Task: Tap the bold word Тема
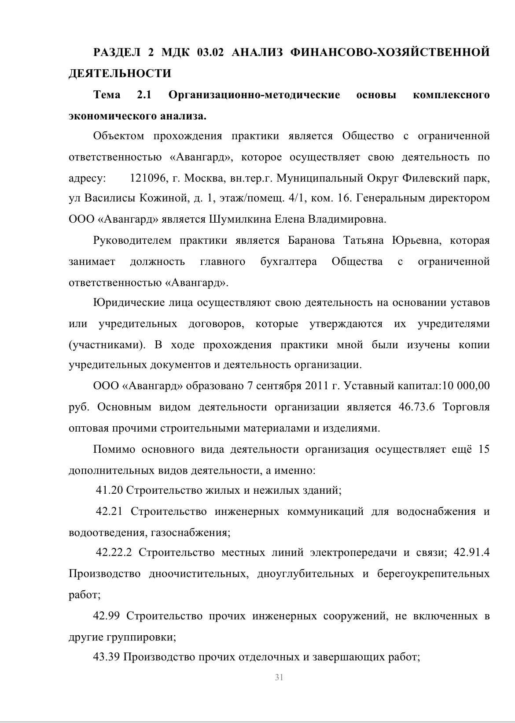pos(107,95)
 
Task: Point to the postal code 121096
pos(148,178)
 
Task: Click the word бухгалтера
pos(288,261)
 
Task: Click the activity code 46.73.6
pos(416,406)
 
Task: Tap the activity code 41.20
pos(109,490)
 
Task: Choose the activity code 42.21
pos(109,511)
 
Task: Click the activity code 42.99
pos(107,616)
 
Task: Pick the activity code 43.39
pos(107,657)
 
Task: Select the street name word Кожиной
pos(164,198)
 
